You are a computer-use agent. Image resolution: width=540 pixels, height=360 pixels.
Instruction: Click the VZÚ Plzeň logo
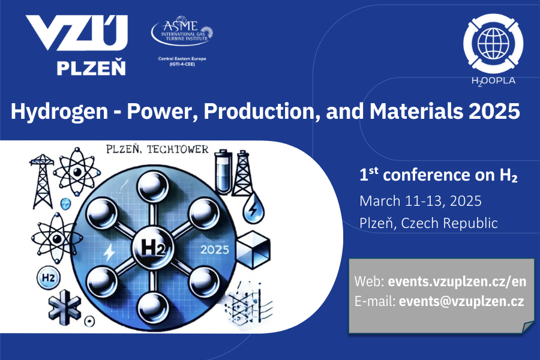(76, 46)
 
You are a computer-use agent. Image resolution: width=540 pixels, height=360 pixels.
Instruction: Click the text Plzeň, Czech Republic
(428, 223)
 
